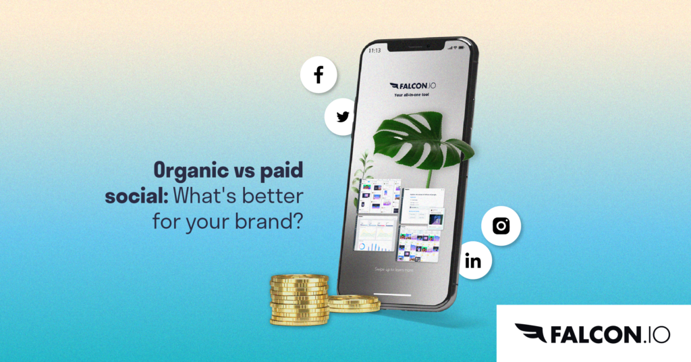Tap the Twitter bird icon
tap(343, 117)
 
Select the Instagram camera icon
tap(501, 226)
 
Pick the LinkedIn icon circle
tap(474, 261)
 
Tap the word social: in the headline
tap(138, 196)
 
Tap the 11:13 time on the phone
tap(374, 51)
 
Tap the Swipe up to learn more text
tap(395, 269)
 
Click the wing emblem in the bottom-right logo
tap(530, 333)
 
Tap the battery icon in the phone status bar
tap(462, 49)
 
